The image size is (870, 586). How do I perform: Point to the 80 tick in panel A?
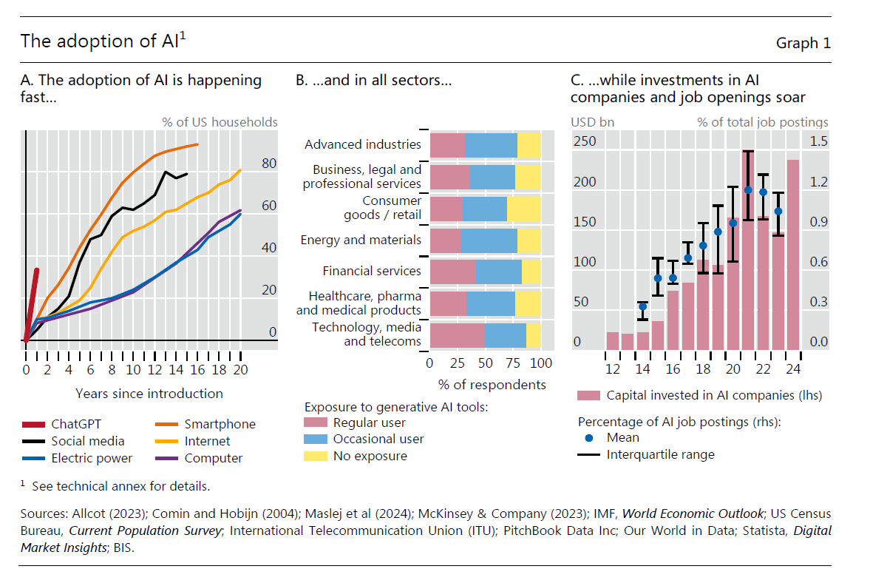coord(269,164)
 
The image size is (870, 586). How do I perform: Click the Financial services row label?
coord(371,271)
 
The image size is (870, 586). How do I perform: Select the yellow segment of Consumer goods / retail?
coord(523,209)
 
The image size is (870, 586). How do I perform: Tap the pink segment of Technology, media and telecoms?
coord(457,335)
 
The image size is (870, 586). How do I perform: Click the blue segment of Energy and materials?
coord(489,240)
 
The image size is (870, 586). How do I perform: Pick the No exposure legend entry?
coord(370,456)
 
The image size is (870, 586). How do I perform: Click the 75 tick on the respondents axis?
coord(513,363)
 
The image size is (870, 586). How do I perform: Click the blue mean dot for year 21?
coord(748,190)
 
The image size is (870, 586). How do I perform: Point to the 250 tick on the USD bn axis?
coord(584,141)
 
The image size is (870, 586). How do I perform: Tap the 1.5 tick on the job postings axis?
coord(818,141)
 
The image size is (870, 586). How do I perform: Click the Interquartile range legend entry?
coord(660,454)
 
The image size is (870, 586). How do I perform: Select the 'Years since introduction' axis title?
coord(149,394)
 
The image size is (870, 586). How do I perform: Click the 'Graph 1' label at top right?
coord(803,43)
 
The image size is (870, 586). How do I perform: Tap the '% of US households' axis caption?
coord(220,122)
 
